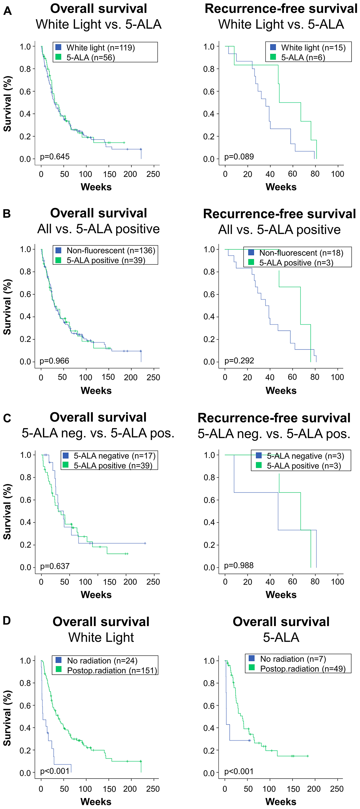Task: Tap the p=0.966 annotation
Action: [54, 361]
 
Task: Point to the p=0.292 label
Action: [239, 361]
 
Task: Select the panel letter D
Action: [7, 621]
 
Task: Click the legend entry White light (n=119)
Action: [100, 48]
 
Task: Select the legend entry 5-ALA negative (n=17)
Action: [114, 456]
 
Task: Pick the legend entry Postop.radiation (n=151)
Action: [112, 670]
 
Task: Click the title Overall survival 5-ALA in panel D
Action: [281, 629]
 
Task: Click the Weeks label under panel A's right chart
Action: [281, 187]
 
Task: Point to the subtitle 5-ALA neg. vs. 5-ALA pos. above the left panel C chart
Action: [98, 433]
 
